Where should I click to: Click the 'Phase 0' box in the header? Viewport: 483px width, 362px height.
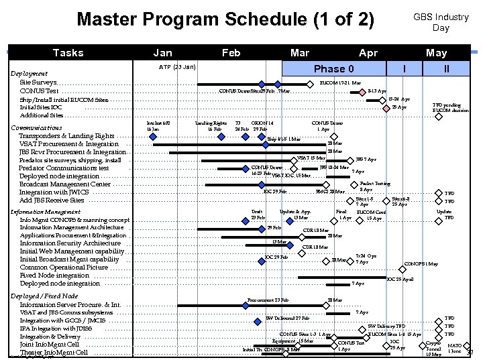click(333, 68)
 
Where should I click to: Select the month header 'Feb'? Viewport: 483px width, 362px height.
click(231, 52)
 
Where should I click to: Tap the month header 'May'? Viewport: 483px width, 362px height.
click(436, 52)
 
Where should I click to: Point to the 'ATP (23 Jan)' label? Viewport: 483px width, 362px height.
click(177, 67)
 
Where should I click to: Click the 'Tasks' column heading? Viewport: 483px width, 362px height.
click(68, 52)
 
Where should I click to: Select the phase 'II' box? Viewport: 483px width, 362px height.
click(447, 68)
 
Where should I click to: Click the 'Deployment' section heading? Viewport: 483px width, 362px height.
click(29, 74)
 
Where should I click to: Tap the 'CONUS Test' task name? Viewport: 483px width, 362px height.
click(39, 90)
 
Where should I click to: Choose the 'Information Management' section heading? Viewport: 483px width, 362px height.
click(46, 212)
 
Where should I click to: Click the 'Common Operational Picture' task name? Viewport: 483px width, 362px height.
click(64, 267)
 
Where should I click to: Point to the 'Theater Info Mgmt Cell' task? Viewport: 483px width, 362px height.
click(54, 353)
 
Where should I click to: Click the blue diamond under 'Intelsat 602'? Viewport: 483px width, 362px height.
click(153, 136)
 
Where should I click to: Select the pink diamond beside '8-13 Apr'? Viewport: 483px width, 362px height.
click(362, 91)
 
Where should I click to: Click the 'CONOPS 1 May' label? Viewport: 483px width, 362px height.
click(423, 263)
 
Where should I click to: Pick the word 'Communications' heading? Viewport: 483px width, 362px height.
click(37, 127)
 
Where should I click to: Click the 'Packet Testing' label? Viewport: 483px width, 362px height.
click(375, 183)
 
